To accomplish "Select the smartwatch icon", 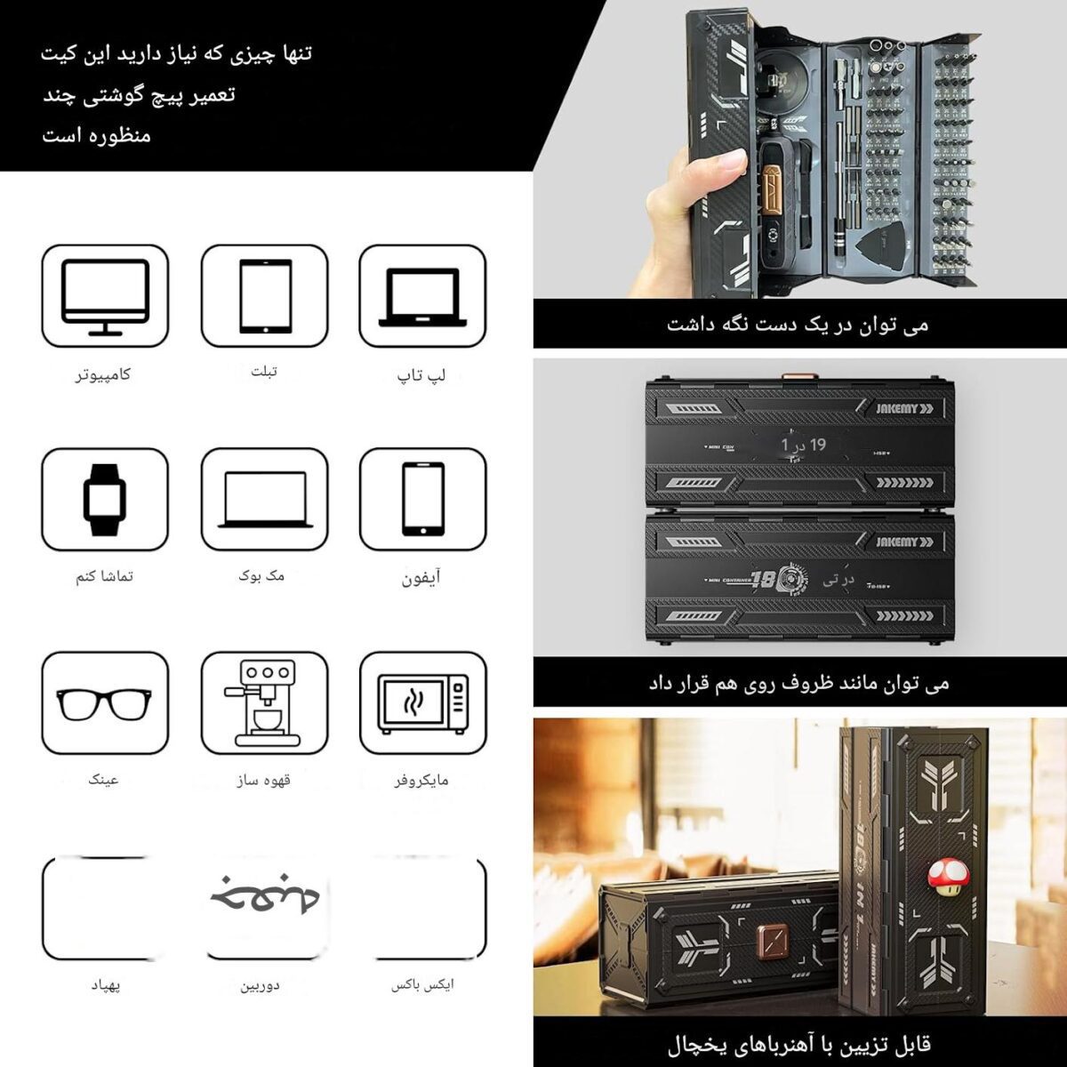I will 104,500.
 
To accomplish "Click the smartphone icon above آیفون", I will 423,500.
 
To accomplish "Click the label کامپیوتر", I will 103,374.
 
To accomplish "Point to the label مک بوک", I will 262,576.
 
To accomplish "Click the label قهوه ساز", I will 264,780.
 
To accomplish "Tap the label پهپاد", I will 104,986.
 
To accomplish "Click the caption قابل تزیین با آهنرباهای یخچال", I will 798,1042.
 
